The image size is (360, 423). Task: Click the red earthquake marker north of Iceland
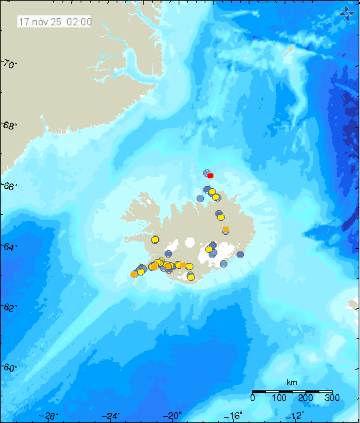[210, 175]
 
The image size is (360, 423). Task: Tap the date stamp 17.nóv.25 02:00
[55, 21]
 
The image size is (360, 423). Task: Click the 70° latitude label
[9, 64]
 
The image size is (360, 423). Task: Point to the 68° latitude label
[9, 125]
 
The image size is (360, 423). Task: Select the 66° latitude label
[9, 186]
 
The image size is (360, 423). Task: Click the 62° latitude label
[9, 308]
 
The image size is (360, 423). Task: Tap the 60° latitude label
[9, 368]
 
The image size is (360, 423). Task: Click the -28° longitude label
[49, 416]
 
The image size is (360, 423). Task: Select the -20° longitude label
[173, 416]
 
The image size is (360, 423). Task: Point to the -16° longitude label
[235, 416]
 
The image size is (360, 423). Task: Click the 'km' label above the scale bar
[291, 382]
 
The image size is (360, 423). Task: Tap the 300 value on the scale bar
[332, 398]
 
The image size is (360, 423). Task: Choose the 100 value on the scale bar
[279, 398]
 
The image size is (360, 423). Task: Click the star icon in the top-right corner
[347, 12]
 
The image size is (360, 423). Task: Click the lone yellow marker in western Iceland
[155, 240]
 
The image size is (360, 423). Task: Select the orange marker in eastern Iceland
[226, 230]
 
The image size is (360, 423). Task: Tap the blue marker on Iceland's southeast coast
[241, 254]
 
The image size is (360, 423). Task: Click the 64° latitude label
[9, 247]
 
